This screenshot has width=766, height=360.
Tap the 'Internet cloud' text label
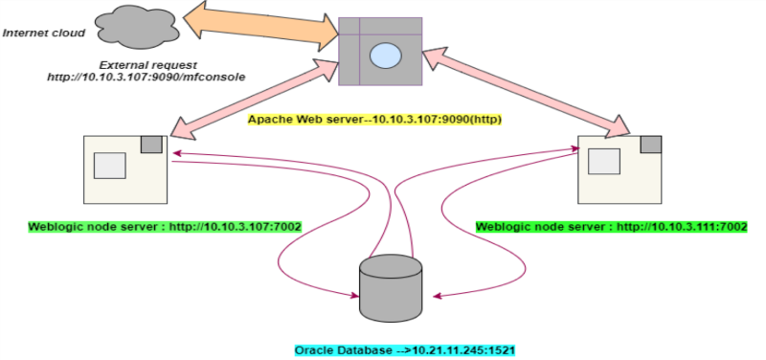coord(44,33)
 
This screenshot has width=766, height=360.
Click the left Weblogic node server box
coord(124,170)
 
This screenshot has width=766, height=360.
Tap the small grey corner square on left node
coord(151,145)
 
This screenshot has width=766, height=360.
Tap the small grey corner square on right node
coord(650,145)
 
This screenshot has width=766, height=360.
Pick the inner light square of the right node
coord(603,162)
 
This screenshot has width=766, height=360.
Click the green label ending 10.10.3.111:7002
coord(611,227)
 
